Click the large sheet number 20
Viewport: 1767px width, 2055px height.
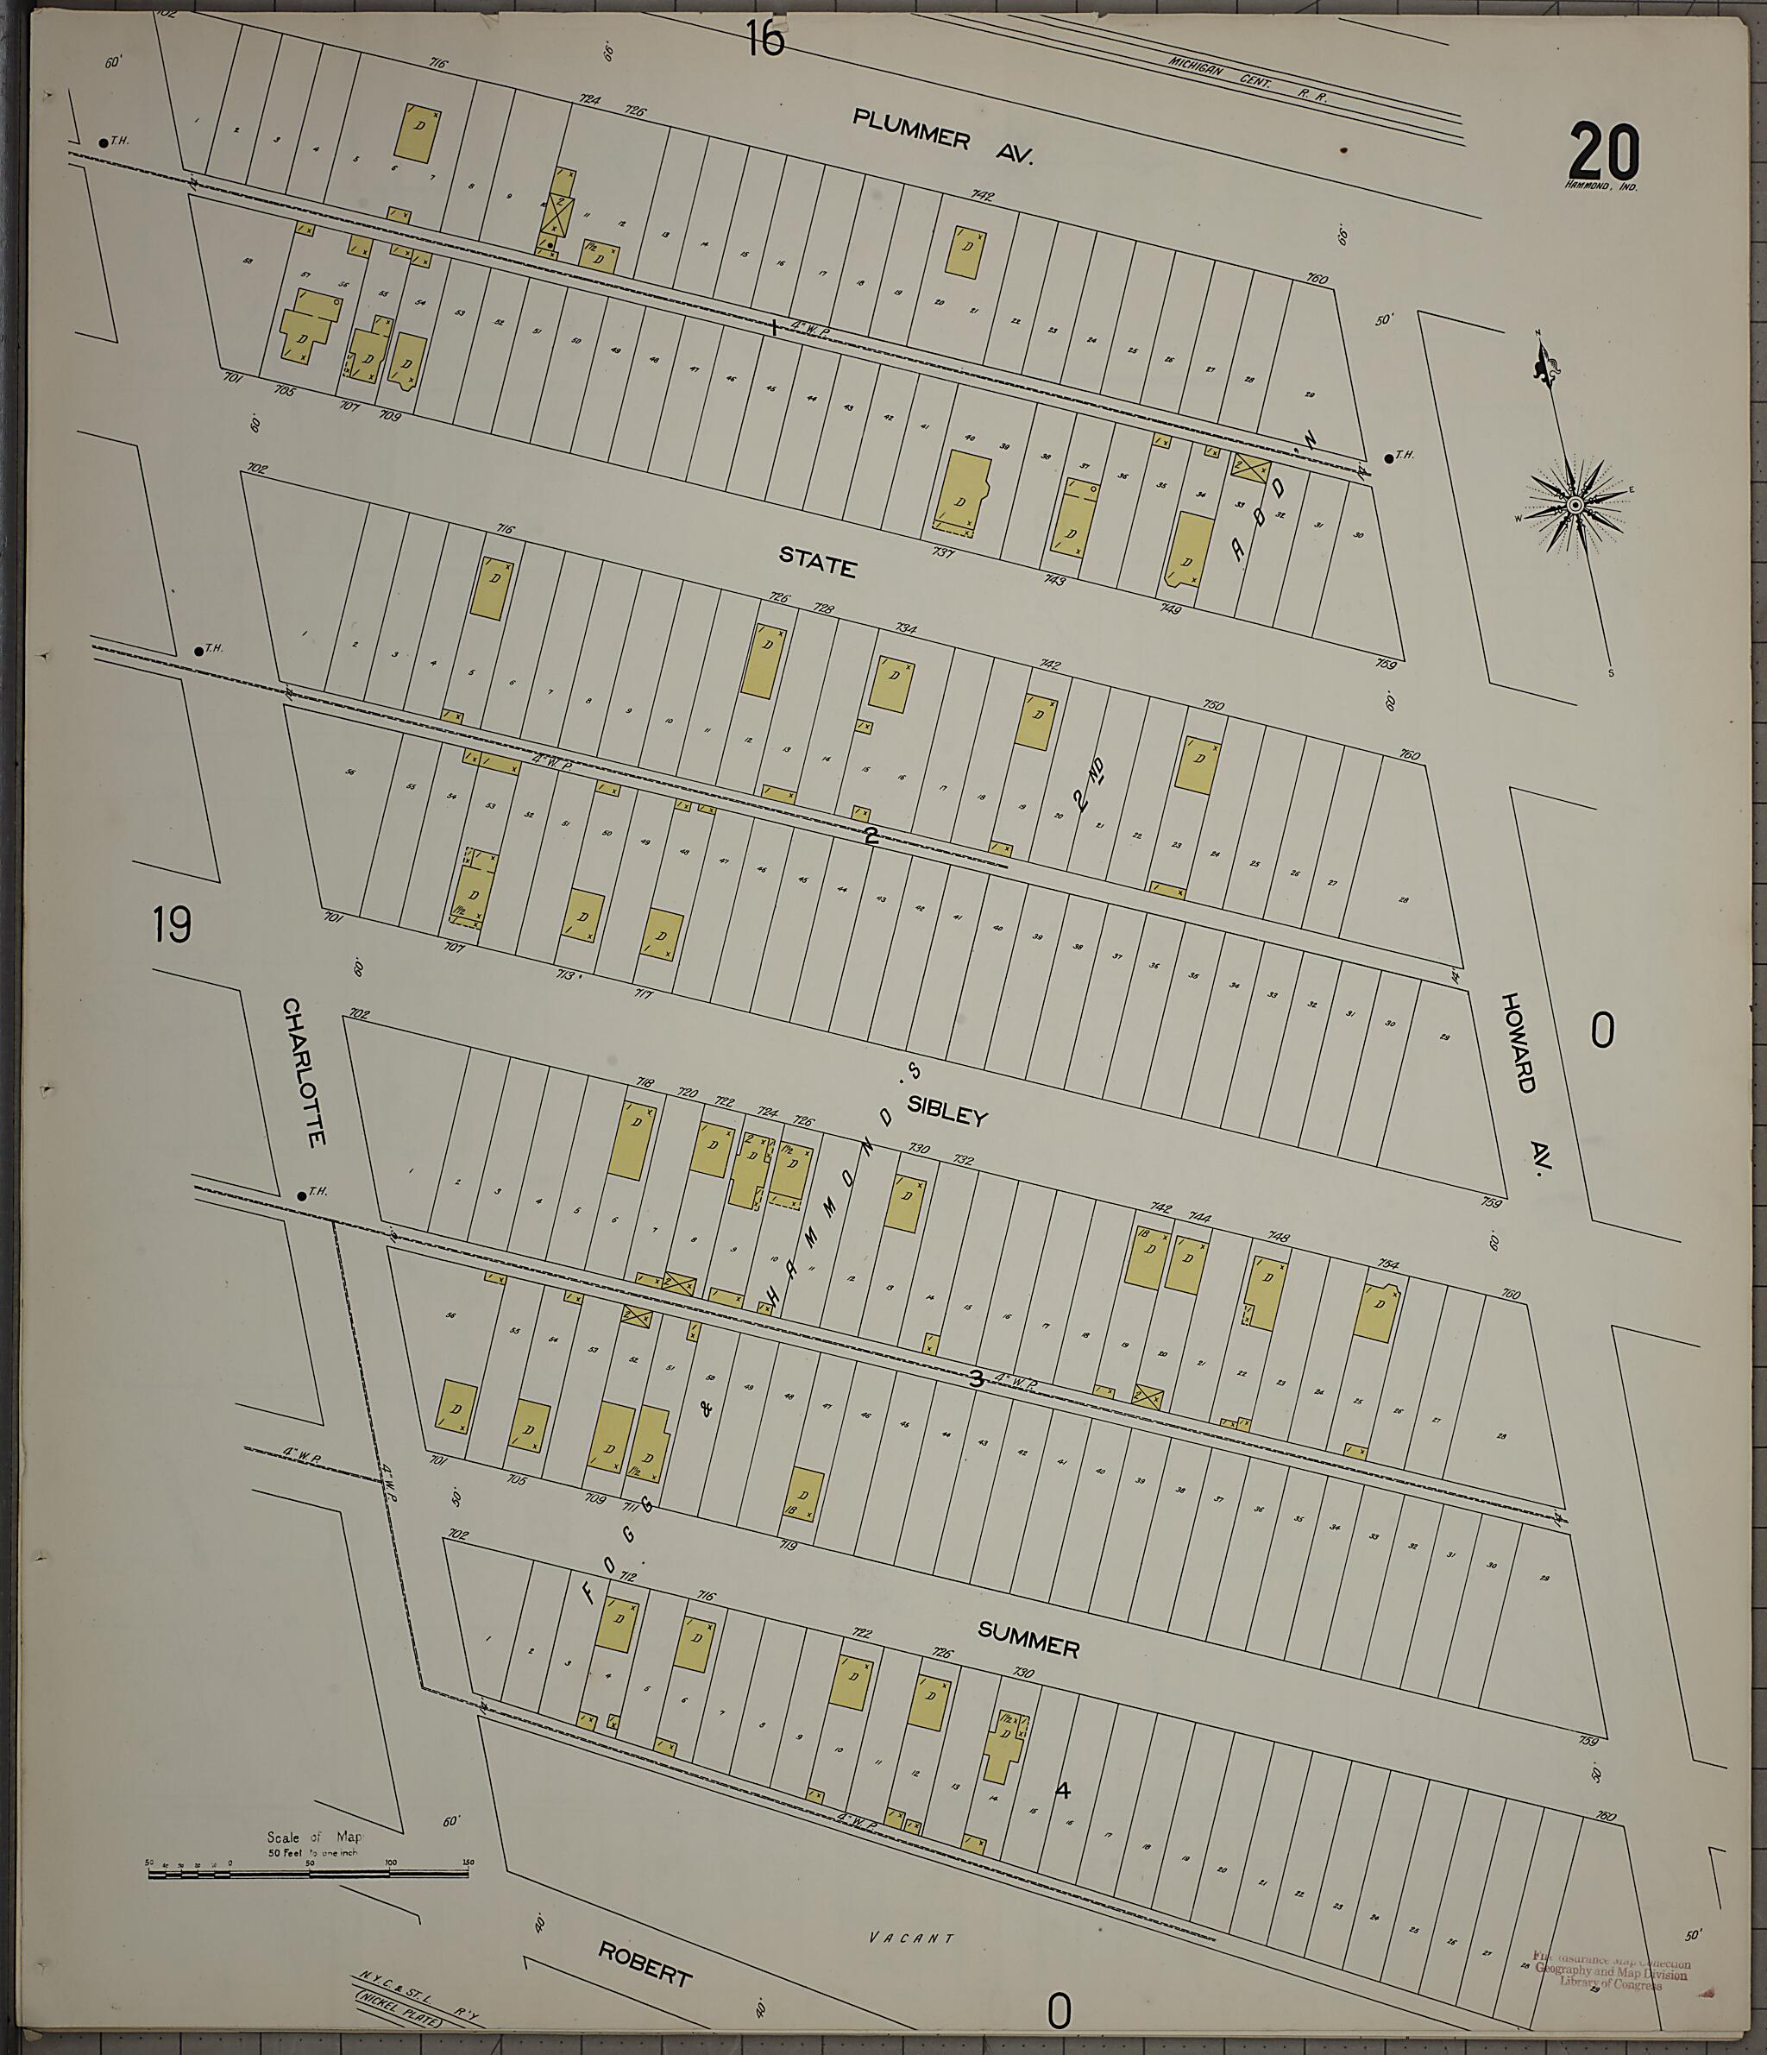tap(1603, 151)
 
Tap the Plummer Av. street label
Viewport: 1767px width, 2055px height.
tap(943, 137)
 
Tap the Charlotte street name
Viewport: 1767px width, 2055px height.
tap(304, 1072)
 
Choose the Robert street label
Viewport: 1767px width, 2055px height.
tap(644, 1963)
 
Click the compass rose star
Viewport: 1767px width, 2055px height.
tap(1574, 506)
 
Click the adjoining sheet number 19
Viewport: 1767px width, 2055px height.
tap(172, 924)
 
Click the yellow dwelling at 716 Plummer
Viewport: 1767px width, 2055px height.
tap(418, 134)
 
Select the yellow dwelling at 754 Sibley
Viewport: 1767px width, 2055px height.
tap(1375, 1313)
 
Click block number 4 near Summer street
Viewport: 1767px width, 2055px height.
tap(1063, 1792)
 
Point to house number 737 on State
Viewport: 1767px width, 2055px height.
tap(941, 552)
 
